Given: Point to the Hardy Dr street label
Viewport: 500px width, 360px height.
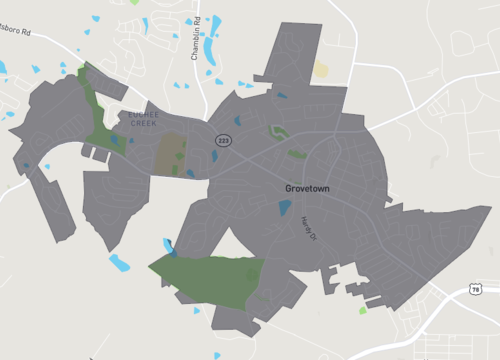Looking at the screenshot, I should tap(308, 228).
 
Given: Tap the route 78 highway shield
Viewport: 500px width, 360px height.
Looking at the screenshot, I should tap(475, 289).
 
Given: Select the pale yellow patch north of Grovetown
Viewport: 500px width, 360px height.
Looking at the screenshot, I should tap(321, 70).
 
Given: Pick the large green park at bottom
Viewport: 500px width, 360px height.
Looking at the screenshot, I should tap(210, 278).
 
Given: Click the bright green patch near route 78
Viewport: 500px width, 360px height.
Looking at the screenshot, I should tap(363, 311).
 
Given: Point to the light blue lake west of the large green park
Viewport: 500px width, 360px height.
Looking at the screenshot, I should tap(119, 263).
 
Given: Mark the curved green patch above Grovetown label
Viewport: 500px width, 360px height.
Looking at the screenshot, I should tap(277, 131).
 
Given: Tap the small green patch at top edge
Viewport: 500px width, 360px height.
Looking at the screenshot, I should tap(135, 3).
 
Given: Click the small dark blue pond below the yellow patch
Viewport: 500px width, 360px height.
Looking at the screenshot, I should tap(282, 96).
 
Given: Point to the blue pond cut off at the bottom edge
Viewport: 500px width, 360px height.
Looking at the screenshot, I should tap(216, 355).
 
